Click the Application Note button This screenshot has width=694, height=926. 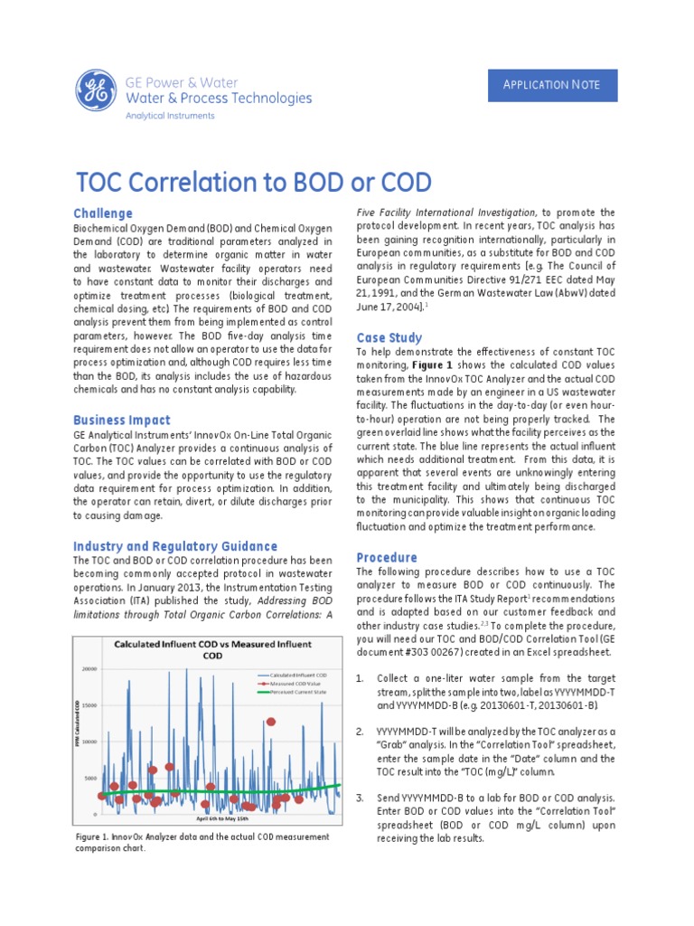[x=550, y=85]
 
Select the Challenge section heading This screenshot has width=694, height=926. [x=102, y=213]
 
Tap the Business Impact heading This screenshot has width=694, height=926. [x=121, y=420]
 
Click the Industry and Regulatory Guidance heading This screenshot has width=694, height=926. [x=174, y=546]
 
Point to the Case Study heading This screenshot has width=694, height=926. [x=389, y=337]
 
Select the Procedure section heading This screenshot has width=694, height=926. [x=387, y=557]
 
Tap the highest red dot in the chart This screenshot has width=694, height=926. [x=270, y=722]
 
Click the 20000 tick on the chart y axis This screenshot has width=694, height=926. [x=89, y=670]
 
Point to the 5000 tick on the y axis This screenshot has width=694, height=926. [x=91, y=778]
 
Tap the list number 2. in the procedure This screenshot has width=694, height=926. [x=360, y=731]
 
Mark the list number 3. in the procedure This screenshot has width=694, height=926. [x=360, y=798]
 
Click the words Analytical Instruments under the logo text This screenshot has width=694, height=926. [x=170, y=116]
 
